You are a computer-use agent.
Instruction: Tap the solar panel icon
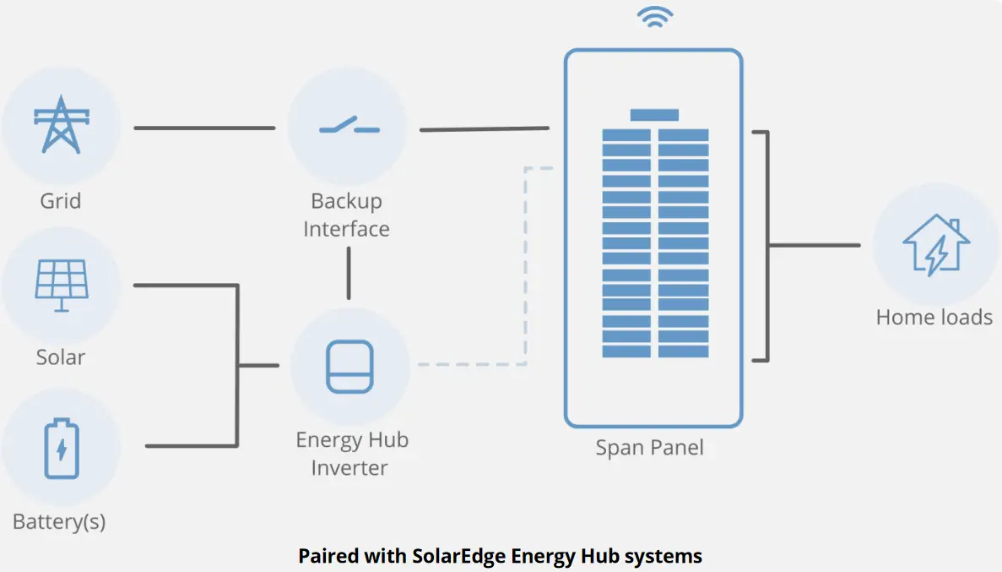[x=61, y=284]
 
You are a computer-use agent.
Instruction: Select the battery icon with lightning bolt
[x=61, y=449]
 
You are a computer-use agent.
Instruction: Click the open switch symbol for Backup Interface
[x=349, y=128]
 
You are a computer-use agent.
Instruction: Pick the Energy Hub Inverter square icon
[x=349, y=367]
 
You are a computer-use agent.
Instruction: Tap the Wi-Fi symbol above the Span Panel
[x=654, y=18]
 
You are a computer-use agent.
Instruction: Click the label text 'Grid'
[x=61, y=201]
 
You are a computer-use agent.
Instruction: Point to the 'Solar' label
[x=61, y=357]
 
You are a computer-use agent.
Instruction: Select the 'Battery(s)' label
[x=60, y=521]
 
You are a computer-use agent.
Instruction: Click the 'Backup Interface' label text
[x=346, y=215]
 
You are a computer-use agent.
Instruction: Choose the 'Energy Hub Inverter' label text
[x=351, y=454]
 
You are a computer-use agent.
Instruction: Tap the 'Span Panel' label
[x=649, y=447]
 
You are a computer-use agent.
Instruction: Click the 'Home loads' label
[x=934, y=318]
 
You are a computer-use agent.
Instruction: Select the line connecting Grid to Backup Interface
[x=204, y=128]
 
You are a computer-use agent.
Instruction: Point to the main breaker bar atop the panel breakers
[x=654, y=115]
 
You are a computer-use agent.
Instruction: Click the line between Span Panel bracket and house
[x=815, y=246]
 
